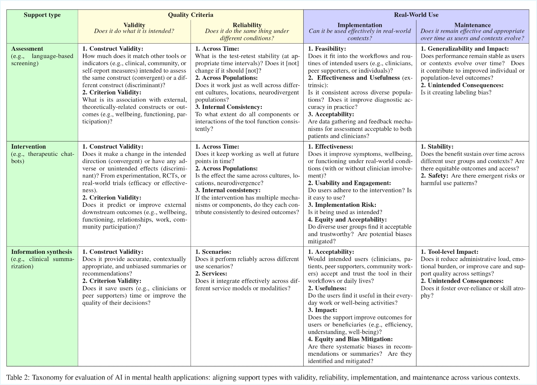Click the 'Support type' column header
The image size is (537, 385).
pos(42,15)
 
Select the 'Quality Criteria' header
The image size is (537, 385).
pos(191,15)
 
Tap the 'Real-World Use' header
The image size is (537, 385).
pos(416,15)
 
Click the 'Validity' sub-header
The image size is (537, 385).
pos(134,25)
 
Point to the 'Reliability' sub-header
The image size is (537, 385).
pos(247,25)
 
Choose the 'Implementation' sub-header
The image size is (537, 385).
pos(360,25)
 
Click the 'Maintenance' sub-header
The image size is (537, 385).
pos(473,25)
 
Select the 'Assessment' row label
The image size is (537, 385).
pos(27,49)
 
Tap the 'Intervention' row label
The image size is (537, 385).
pos(28,147)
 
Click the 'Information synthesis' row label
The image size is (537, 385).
pos(42,252)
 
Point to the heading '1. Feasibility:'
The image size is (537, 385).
pos(327,49)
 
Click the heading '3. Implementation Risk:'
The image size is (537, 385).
pos(342,205)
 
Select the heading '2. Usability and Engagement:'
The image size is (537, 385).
pos(349,183)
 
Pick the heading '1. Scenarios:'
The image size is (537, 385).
pos(213,252)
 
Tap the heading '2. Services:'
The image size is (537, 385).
pos(211,274)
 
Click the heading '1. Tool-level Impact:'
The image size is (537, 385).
pos(449,252)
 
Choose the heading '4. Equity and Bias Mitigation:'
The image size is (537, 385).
pos(350,339)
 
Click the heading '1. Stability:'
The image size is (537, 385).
pos(437,147)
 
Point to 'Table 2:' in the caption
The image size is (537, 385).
pos(18,377)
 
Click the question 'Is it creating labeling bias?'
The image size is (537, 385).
pos(456,93)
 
